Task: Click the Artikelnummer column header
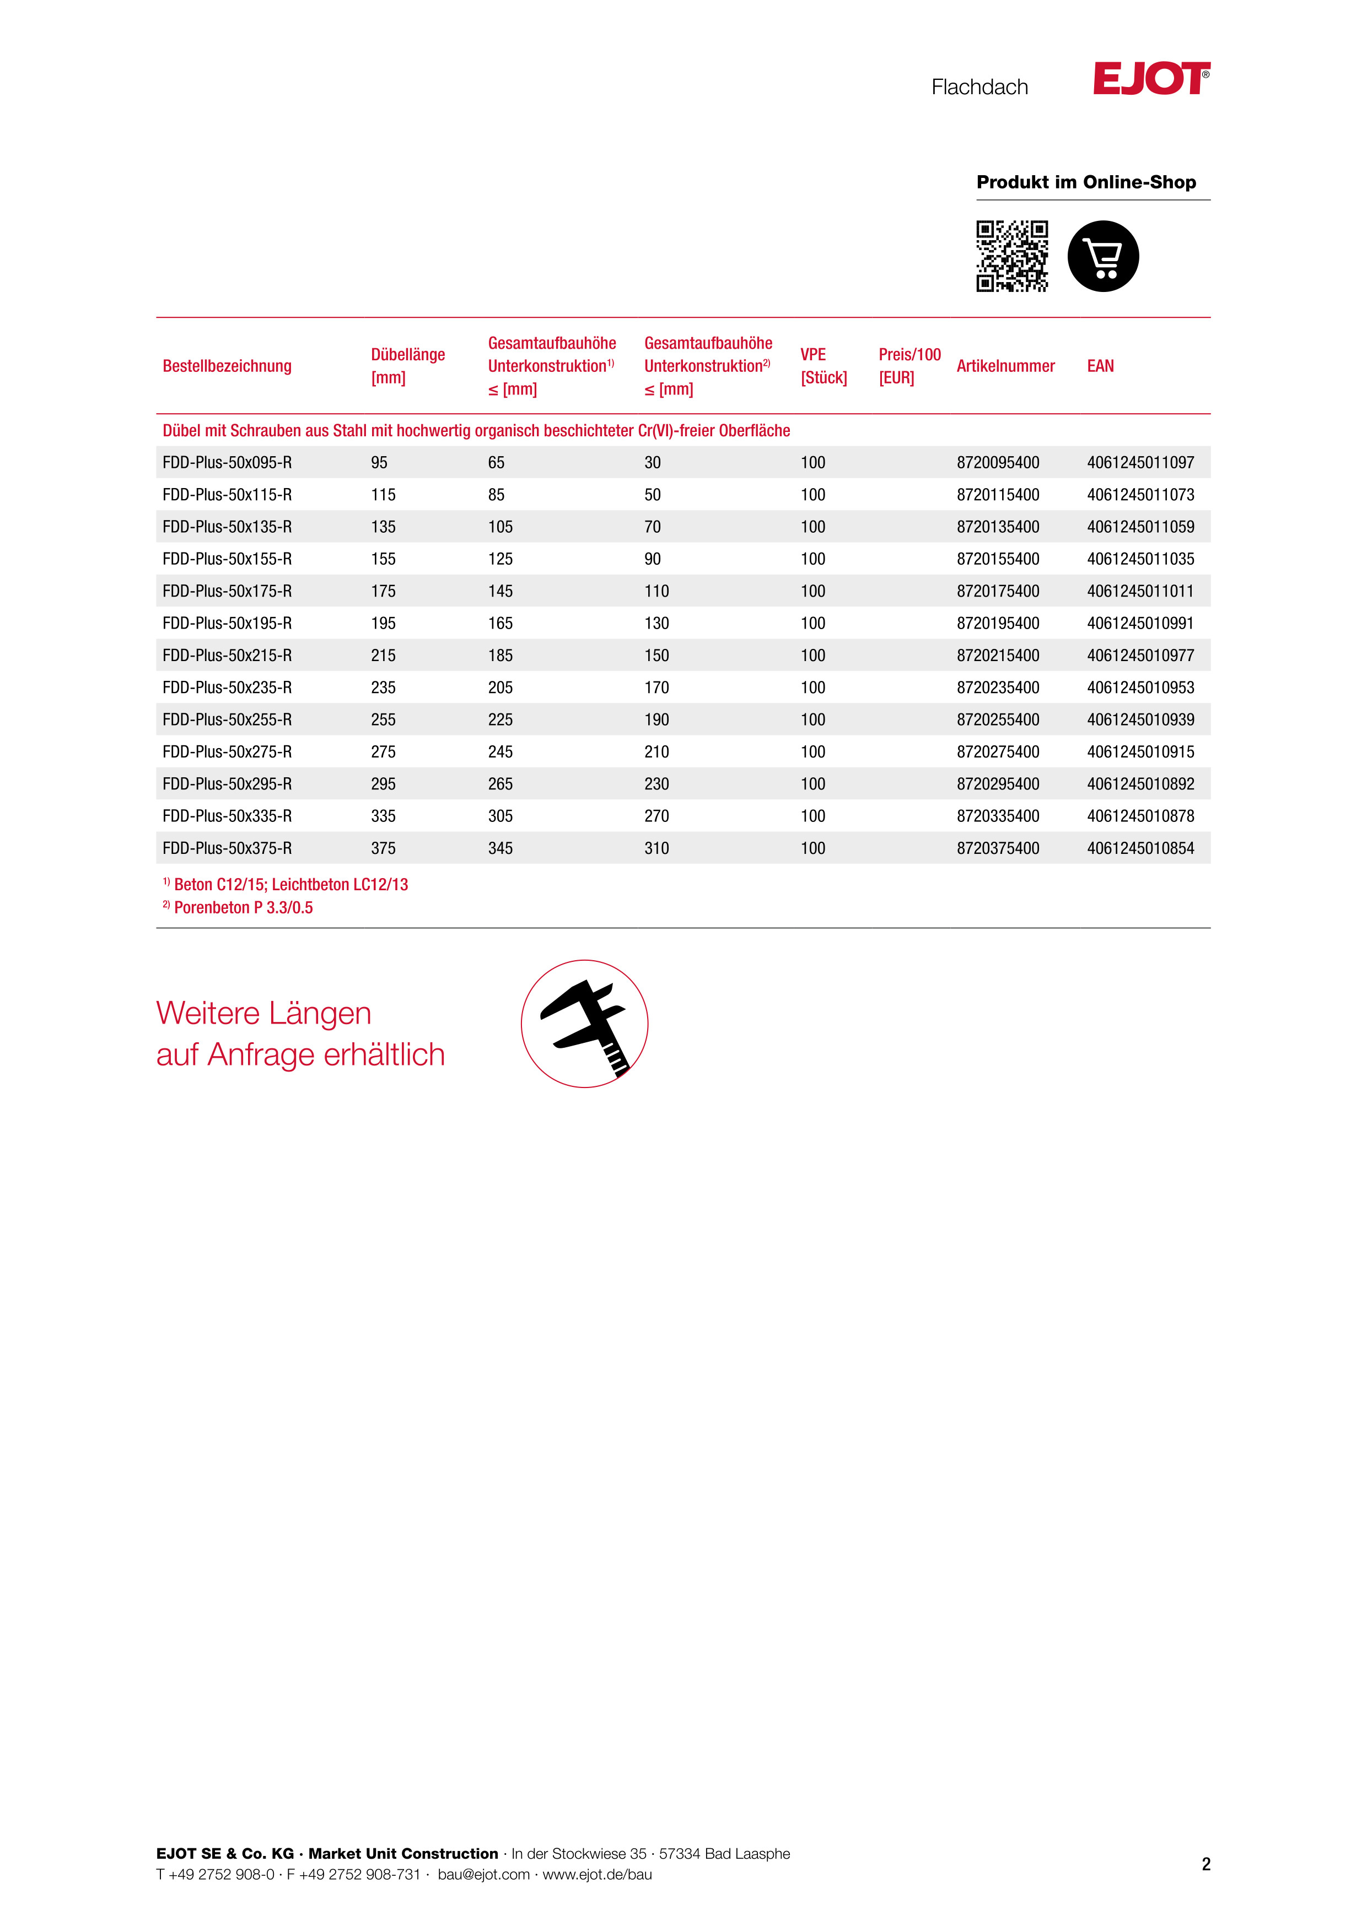pos(1005,366)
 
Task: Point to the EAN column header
pos(1100,366)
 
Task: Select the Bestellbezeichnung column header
pos(227,366)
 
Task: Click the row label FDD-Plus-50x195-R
pos(227,624)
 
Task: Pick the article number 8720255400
pos(998,720)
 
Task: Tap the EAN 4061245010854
pos(1140,848)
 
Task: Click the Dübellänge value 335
pos(383,816)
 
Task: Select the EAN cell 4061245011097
pos(1140,463)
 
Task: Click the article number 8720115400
pos(998,495)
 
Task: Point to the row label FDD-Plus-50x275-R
pos(227,753)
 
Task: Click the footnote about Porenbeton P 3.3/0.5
pos(243,908)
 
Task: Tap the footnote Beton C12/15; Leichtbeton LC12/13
pos(290,884)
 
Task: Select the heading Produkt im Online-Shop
pos(1086,182)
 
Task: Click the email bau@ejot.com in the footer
pos(483,1874)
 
